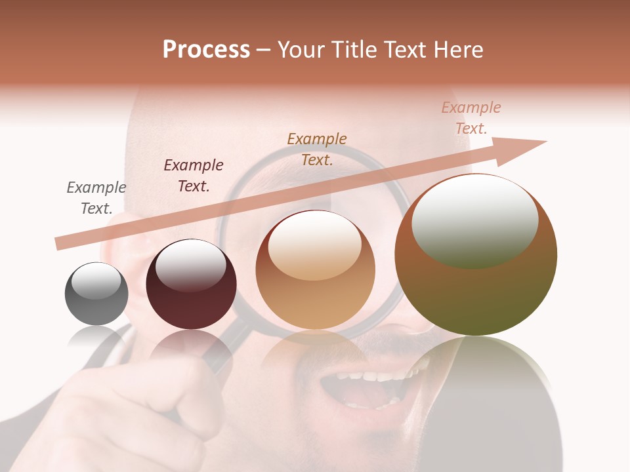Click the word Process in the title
coord(206,50)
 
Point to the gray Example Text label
coord(96,198)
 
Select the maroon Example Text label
coord(194,176)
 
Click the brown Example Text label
coord(317,149)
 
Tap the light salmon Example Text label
coord(471,118)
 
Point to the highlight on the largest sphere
coord(475,221)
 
